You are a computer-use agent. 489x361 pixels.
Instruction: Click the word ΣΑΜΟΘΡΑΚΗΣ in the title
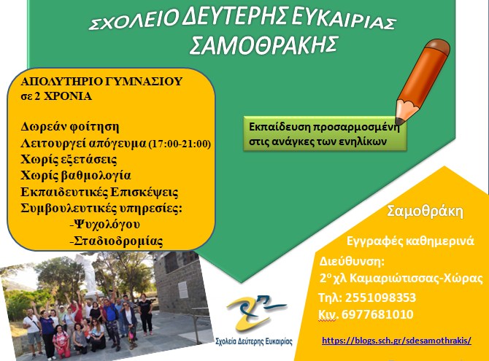pos(263,45)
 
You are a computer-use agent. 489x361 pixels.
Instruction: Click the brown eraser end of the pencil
pos(438,47)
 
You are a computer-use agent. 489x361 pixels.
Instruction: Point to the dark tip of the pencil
pos(398,121)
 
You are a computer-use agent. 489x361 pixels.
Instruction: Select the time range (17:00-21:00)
pos(180,144)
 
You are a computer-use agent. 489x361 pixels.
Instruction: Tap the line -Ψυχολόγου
pos(105,225)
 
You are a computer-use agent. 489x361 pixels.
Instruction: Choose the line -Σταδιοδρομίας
pos(116,241)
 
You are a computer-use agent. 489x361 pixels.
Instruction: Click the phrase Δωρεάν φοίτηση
pos(70,127)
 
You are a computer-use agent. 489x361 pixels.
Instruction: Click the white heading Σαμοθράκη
pos(425,211)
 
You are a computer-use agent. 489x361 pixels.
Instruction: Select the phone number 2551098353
pos(380,298)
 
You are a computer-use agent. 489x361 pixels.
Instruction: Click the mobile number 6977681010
pos(377,314)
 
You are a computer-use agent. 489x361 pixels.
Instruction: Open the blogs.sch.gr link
pos(396,341)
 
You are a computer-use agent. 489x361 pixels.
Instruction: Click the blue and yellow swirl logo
pos(255,312)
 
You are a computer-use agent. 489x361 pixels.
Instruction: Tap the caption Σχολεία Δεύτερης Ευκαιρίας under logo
pos(254,341)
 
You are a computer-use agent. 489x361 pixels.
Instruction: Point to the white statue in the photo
pos(88,274)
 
